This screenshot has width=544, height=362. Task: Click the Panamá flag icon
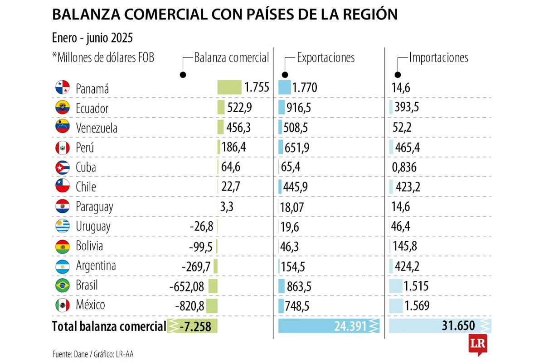coord(62,88)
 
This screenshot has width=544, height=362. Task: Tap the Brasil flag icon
coord(62,286)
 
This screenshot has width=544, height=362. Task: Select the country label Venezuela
coord(97,128)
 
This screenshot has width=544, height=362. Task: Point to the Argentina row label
coord(96,266)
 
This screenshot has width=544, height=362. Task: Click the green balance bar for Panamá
coord(229,87)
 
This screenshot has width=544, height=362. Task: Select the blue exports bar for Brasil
coord(281,286)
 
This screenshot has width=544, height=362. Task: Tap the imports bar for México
coord(396,305)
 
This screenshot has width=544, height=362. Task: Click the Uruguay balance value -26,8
coord(202,226)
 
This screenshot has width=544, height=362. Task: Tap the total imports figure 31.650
coord(458,326)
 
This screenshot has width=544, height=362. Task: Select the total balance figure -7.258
coord(195,326)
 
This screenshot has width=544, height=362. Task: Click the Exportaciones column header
coord(325,57)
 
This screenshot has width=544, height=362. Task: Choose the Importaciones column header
coord(438,57)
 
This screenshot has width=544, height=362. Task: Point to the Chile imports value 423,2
coord(407,187)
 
